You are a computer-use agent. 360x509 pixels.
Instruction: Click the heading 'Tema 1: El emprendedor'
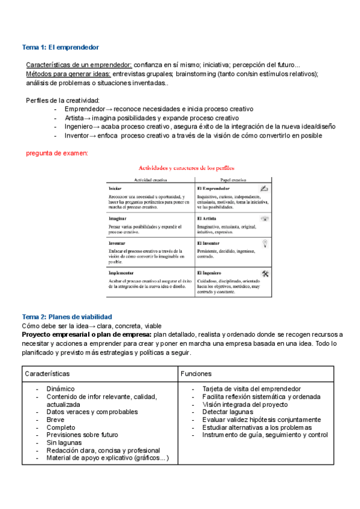(61, 47)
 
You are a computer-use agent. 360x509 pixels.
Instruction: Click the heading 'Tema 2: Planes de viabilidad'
(67, 316)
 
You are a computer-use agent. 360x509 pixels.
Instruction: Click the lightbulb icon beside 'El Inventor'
(265, 242)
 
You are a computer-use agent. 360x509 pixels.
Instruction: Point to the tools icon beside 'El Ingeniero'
(265, 273)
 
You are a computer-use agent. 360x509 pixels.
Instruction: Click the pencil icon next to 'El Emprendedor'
(265, 188)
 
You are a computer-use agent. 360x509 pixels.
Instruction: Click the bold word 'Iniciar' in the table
(115, 188)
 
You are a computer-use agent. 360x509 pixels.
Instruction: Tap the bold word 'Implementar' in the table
(122, 273)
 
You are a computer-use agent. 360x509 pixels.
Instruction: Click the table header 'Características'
(47, 373)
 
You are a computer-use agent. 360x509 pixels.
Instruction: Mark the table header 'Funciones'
(196, 373)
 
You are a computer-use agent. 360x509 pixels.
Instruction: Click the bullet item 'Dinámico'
(61, 388)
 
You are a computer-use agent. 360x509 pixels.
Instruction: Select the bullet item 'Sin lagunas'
(65, 443)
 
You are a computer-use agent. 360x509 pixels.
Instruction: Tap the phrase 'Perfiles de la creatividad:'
(63, 100)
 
